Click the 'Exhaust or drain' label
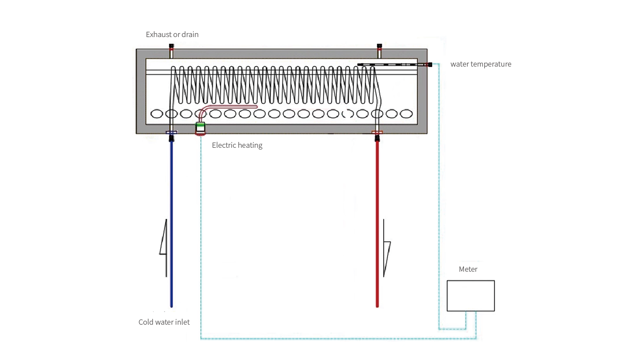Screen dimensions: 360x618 coord(172,34)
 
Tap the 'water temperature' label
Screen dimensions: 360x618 coord(481,64)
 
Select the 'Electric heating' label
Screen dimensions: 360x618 coord(237,145)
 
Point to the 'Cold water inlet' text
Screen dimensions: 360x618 coord(164,322)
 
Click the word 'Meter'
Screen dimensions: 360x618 coord(468,269)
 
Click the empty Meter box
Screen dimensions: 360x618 coord(471,296)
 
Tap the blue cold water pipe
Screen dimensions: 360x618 coord(171,221)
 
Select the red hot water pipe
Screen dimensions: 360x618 coord(377,221)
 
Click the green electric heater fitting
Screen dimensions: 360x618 coord(200,125)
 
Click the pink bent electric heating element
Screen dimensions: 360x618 coord(230,107)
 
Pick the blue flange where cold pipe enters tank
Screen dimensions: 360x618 coord(171,132)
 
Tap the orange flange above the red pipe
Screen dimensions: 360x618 coord(377,132)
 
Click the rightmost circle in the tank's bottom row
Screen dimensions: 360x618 coord(406,114)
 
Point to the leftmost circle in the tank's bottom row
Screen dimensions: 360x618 coord(157,114)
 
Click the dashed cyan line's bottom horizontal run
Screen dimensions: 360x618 coord(335,338)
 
